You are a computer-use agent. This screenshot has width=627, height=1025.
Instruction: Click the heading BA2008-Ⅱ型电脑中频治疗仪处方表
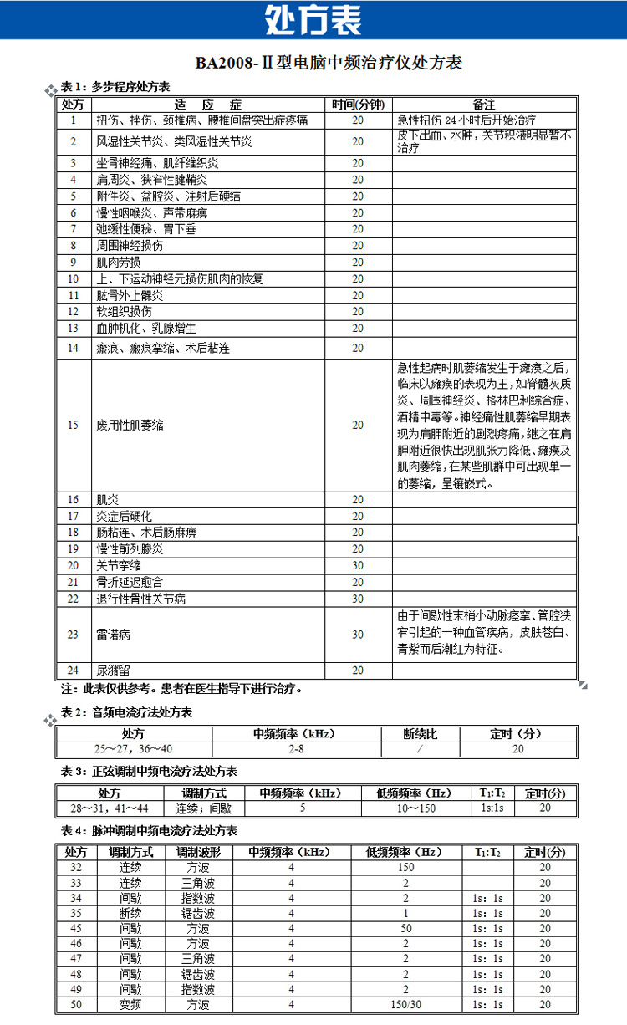pyautogui.click(x=329, y=63)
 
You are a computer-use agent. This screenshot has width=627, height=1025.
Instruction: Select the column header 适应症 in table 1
pyautogui.click(x=208, y=105)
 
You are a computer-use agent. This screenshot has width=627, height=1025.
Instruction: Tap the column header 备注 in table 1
pyautogui.click(x=483, y=105)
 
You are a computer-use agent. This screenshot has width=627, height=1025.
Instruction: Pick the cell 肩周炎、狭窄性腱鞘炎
pyautogui.click(x=151, y=179)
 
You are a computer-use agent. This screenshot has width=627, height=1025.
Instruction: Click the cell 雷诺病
pyautogui.click(x=113, y=635)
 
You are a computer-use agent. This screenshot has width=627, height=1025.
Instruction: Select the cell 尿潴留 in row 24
pyautogui.click(x=113, y=670)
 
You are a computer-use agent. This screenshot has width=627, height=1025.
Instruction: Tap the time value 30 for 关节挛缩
pyautogui.click(x=358, y=565)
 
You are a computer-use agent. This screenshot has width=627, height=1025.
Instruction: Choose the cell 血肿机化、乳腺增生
pyautogui.click(x=146, y=328)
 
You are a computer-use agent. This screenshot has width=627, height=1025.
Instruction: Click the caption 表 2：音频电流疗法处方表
pyautogui.click(x=126, y=712)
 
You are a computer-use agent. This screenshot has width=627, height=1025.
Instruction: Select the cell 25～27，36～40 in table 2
pyautogui.click(x=134, y=749)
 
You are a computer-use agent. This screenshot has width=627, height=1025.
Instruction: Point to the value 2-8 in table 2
pyautogui.click(x=295, y=749)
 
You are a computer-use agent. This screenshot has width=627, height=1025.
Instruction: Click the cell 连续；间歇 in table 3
pyautogui.click(x=203, y=808)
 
